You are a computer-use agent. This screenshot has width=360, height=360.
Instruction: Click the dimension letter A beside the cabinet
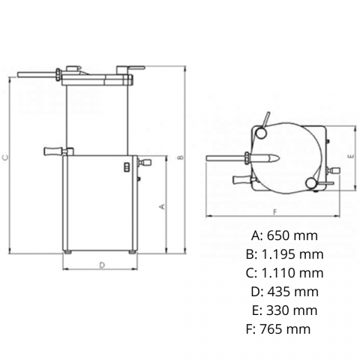(x=162, y=206)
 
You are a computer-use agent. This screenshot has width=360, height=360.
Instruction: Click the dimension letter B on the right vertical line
(x=181, y=157)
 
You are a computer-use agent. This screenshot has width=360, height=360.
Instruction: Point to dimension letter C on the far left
(x=5, y=157)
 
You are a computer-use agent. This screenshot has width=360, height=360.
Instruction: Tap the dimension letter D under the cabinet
(x=102, y=265)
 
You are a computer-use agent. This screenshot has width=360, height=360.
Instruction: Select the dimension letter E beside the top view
(x=351, y=156)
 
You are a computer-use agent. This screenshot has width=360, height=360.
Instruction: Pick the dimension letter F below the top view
(x=275, y=212)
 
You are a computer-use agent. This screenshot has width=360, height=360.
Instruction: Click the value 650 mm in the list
(x=292, y=235)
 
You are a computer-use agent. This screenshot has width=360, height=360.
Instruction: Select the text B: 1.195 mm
(x=285, y=254)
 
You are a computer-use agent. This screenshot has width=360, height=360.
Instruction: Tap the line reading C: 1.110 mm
(x=285, y=273)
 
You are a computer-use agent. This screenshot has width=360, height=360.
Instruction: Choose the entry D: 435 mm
(x=285, y=292)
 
